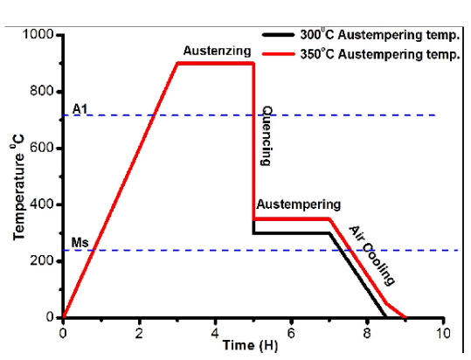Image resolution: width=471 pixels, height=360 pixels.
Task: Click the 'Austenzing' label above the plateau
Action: point(216,51)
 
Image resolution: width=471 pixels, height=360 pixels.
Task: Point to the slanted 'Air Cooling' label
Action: point(372,255)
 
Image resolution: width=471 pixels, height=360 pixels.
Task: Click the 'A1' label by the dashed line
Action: point(80,107)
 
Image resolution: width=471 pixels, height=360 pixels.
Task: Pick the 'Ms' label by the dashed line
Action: point(80,242)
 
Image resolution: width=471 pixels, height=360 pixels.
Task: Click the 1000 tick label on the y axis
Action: point(38,35)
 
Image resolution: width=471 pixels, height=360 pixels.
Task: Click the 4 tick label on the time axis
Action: point(215,333)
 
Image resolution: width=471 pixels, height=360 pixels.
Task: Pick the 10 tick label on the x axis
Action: point(444,333)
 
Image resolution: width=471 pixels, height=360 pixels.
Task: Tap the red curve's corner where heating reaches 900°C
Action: point(177,63)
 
